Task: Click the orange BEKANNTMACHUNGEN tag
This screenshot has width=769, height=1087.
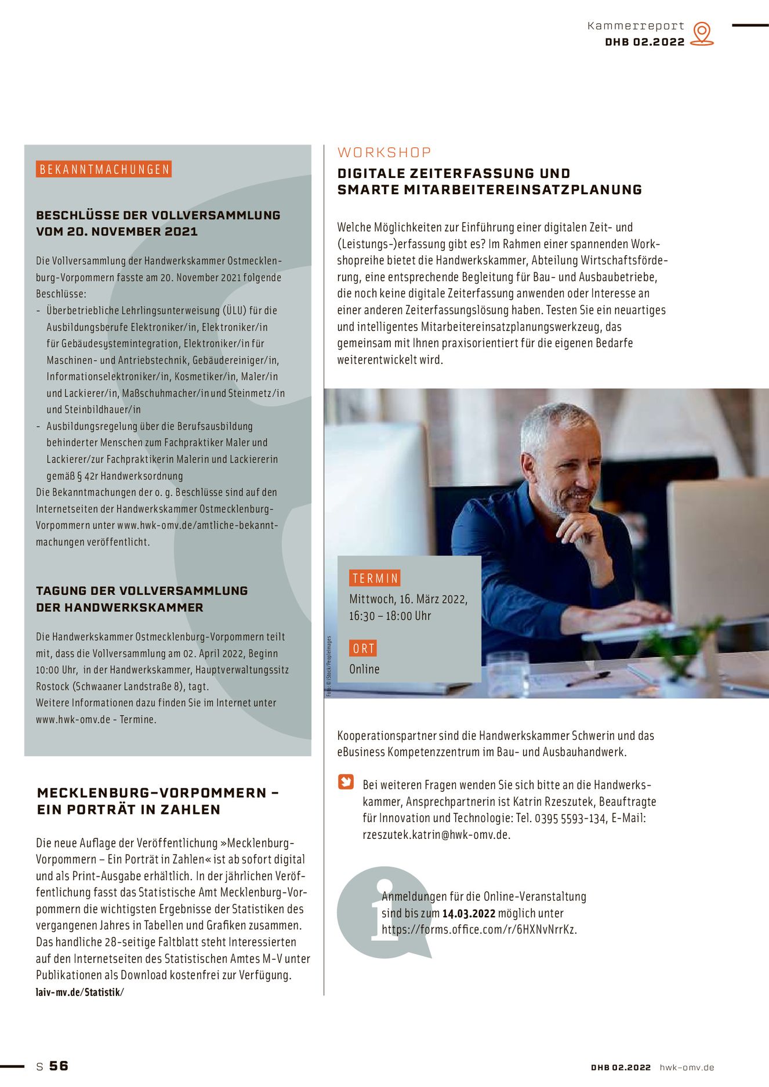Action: [104, 169]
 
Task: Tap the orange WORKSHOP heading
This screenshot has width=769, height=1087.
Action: [385, 152]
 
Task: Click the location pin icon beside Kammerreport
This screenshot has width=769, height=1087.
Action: [702, 33]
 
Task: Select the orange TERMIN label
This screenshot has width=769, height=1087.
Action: [375, 578]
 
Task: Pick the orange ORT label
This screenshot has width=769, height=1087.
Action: [364, 648]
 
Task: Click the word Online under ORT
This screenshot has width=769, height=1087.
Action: [364, 669]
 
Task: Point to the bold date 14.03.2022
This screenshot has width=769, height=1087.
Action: [469, 914]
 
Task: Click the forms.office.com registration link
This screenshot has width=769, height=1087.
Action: [479, 930]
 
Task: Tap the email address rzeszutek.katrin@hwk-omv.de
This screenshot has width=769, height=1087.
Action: [436, 835]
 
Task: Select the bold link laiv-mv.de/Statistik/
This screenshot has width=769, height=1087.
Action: [80, 992]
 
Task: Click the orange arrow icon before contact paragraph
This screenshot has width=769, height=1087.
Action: [346, 782]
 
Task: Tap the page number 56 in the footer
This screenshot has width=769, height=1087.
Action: [59, 1066]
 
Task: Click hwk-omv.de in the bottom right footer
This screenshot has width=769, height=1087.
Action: [687, 1067]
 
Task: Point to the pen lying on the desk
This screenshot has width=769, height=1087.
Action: [588, 677]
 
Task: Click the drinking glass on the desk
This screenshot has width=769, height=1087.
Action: [509, 671]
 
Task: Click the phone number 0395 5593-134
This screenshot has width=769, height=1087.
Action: [570, 819]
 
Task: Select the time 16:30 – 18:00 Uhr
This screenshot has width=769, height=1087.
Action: [390, 616]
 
